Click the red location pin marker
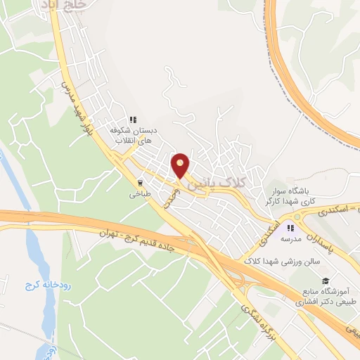181,165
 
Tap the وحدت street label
169,197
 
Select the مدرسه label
290,239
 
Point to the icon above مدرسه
290,227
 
